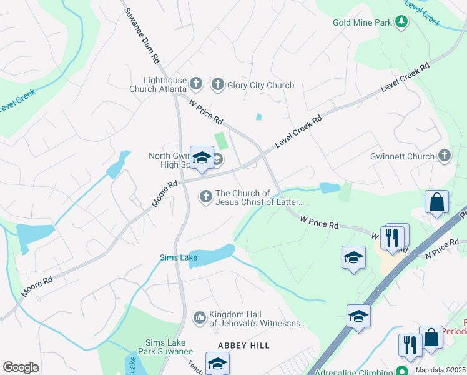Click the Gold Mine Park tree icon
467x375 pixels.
[x=401, y=23]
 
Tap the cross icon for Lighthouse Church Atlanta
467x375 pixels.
[x=196, y=84]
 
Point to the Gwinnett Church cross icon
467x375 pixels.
[x=444, y=156]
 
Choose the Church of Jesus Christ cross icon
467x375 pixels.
[x=205, y=197]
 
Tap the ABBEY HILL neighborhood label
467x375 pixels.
[x=243, y=346]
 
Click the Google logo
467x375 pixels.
[x=21, y=367]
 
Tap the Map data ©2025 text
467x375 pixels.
[x=440, y=370]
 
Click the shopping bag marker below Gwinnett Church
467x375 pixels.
[x=436, y=202]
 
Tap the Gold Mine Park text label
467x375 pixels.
[x=362, y=23]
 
